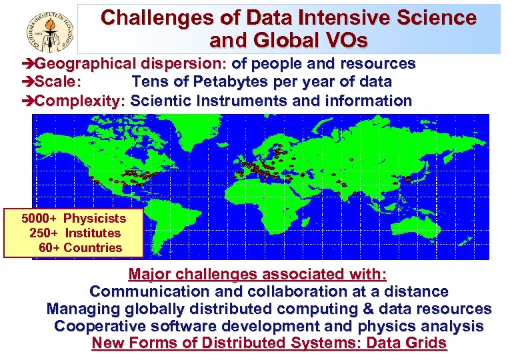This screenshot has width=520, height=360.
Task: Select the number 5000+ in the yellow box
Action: pos(39,219)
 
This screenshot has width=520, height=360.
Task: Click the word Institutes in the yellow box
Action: pos(93,233)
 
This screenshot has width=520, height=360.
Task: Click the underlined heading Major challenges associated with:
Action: pos(257,274)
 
